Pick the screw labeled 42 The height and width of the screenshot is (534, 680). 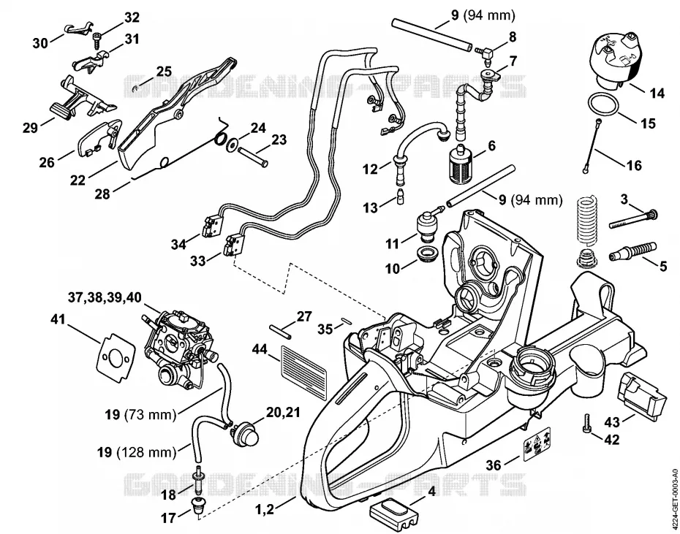[x=588, y=422]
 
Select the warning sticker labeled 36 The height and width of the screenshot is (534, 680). [x=537, y=444]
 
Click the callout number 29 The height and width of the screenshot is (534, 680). [x=30, y=128]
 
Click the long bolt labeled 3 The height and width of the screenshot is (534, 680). [x=634, y=218]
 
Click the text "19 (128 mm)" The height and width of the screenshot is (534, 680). [x=137, y=452]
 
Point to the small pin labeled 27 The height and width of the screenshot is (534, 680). [x=280, y=332]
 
